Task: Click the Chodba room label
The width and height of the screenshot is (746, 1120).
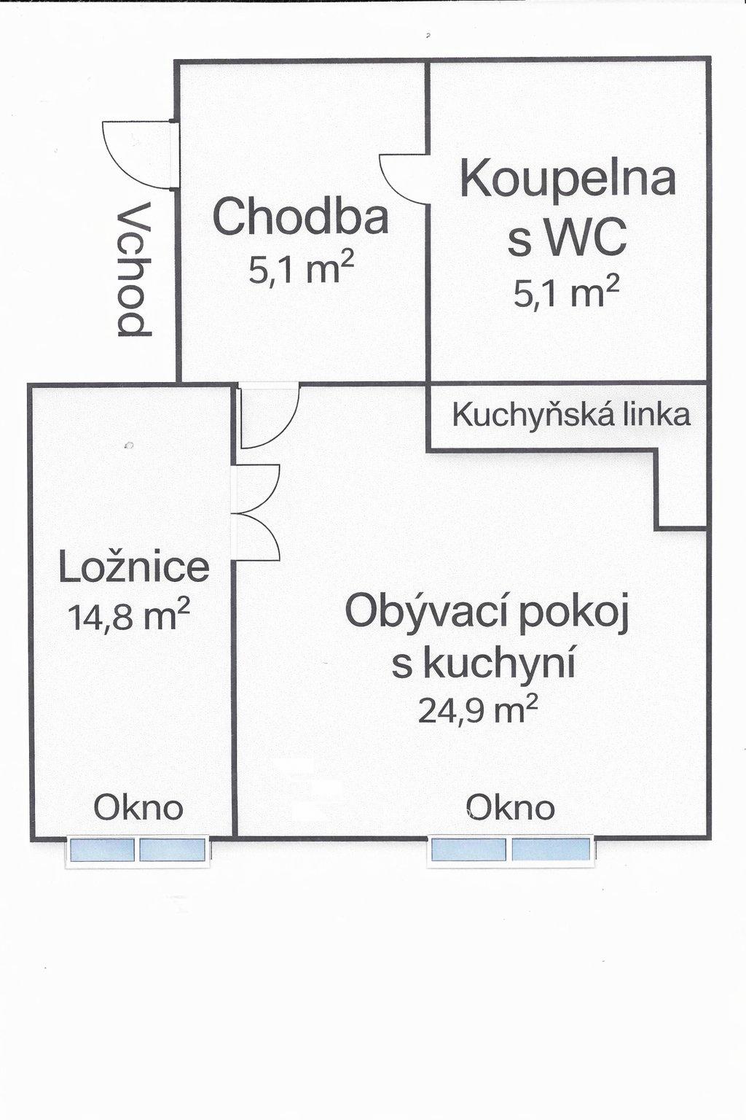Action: pyautogui.click(x=300, y=216)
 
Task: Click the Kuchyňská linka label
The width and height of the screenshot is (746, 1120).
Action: pyautogui.click(x=571, y=414)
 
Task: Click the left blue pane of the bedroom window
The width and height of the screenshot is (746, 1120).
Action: pyautogui.click(x=103, y=850)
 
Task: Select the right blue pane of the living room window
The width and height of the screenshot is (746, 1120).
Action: pyautogui.click(x=551, y=849)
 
